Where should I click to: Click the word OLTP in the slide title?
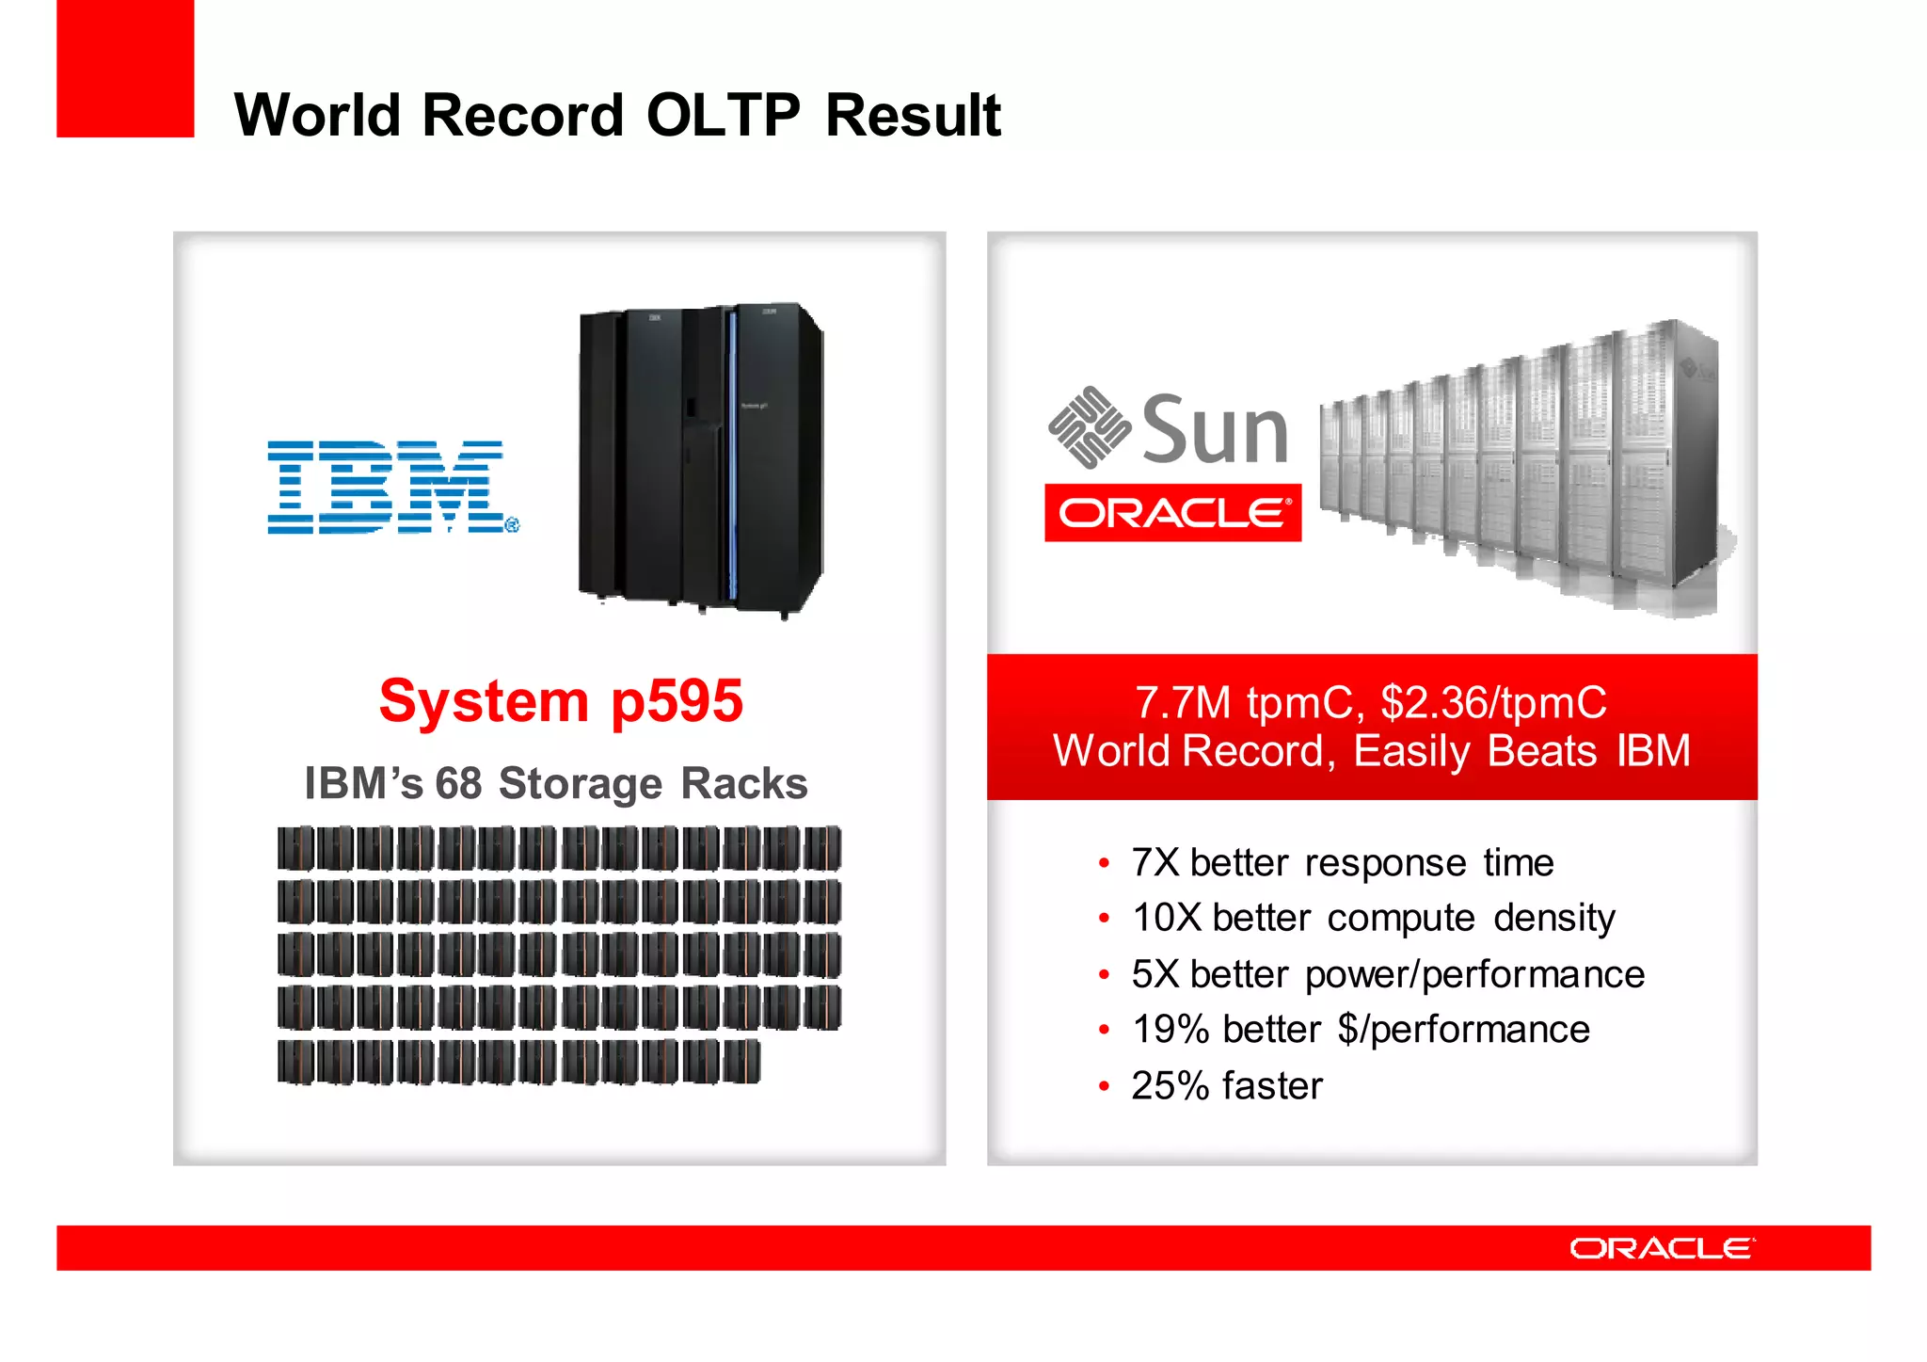pyautogui.click(x=723, y=115)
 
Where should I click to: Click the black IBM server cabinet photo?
pyautogui.click(x=701, y=461)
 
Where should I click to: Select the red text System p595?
pyautogui.click(x=561, y=701)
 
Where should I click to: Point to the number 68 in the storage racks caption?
pyautogui.click(x=458, y=784)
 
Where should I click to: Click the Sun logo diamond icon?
pyautogui.click(x=1089, y=427)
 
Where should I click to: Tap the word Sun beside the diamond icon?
pyautogui.click(x=1214, y=431)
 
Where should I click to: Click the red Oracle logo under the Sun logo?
pyautogui.click(x=1172, y=513)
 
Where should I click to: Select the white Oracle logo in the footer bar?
pyautogui.click(x=1662, y=1248)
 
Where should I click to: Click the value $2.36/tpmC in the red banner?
pyautogui.click(x=1493, y=703)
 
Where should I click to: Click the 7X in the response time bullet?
pyautogui.click(x=1155, y=863)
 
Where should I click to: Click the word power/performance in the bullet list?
pyautogui.click(x=1474, y=975)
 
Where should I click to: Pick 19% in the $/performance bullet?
pyautogui.click(x=1170, y=1030)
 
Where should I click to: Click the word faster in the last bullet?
pyautogui.click(x=1272, y=1086)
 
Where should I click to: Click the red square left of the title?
pyautogui.click(x=125, y=68)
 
